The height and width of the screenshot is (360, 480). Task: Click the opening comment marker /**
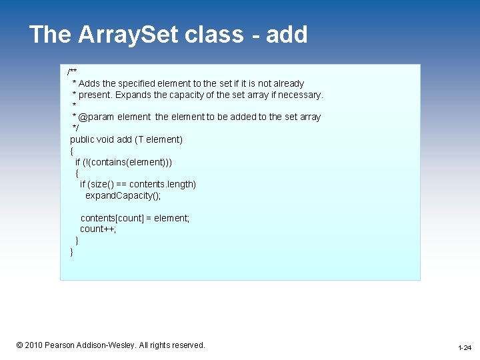tap(72, 72)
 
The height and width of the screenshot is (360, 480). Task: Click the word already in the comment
tap(287, 83)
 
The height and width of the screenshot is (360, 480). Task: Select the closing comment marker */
tap(75, 128)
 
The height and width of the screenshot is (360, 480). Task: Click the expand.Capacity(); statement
tap(123, 195)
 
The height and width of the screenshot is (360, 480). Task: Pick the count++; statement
tap(98, 229)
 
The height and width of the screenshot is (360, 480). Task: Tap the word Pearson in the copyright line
tap(61, 345)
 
